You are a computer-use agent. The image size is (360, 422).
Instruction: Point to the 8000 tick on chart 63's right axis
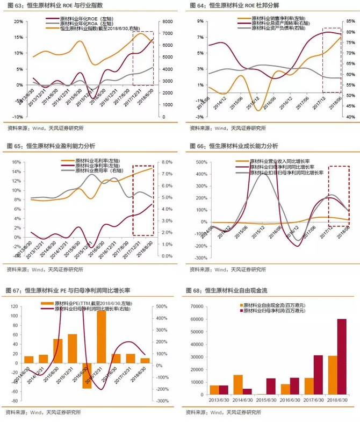[x=168, y=22]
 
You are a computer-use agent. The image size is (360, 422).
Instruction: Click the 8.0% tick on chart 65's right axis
[x=167, y=162]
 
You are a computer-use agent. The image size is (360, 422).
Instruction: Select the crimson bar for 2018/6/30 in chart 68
[x=341, y=357]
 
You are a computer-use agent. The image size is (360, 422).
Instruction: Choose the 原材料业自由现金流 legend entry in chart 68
[x=266, y=306]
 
